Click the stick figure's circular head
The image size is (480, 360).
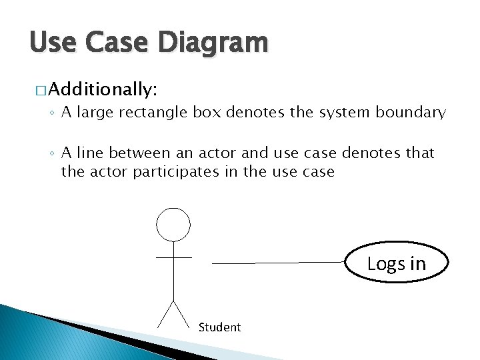point(173,224)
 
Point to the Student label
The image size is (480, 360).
point(219,327)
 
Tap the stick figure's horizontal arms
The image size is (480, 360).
point(173,257)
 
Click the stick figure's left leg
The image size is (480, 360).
point(165,314)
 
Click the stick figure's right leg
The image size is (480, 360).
point(181,314)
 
